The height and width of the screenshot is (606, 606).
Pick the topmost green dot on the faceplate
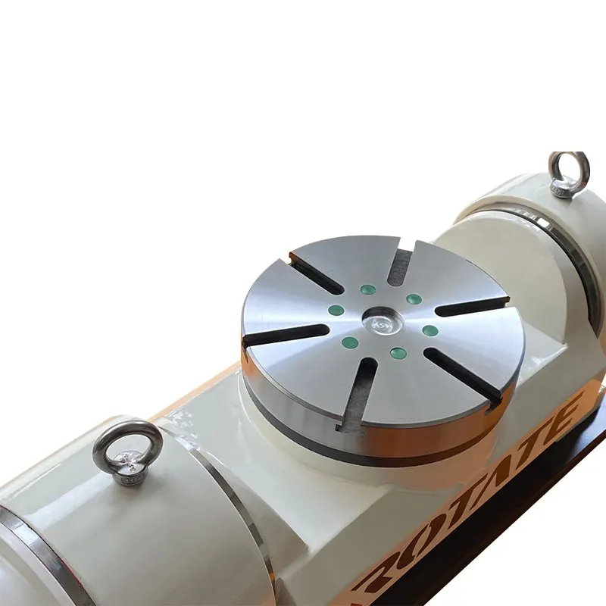[x=368, y=289]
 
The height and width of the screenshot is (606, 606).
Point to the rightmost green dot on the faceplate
[x=430, y=330]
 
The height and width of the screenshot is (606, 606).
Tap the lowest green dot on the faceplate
[x=397, y=352]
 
